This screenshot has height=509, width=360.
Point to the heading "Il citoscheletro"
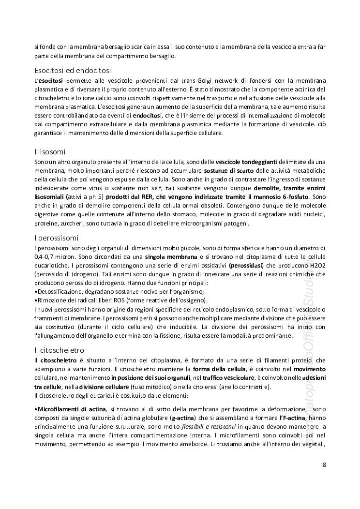(x=60, y=349)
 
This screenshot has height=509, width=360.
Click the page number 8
(x=324, y=465)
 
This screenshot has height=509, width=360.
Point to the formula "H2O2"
(x=317, y=265)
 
